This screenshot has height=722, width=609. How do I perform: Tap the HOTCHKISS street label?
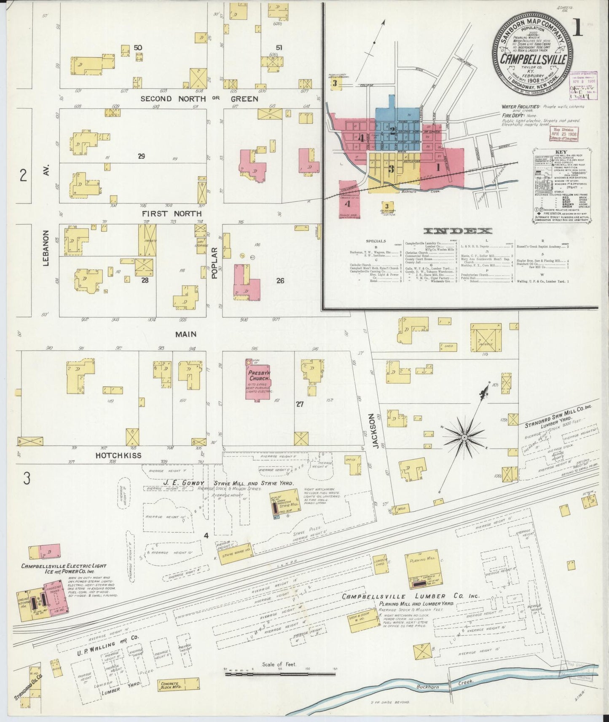click(118, 455)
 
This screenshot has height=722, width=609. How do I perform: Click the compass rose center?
click(464, 438)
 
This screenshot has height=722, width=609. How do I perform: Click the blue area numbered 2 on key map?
click(392, 131)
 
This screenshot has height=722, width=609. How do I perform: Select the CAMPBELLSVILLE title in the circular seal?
click(533, 59)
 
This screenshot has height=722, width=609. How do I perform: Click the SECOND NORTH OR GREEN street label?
click(199, 99)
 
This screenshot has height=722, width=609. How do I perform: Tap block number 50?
click(137, 48)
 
